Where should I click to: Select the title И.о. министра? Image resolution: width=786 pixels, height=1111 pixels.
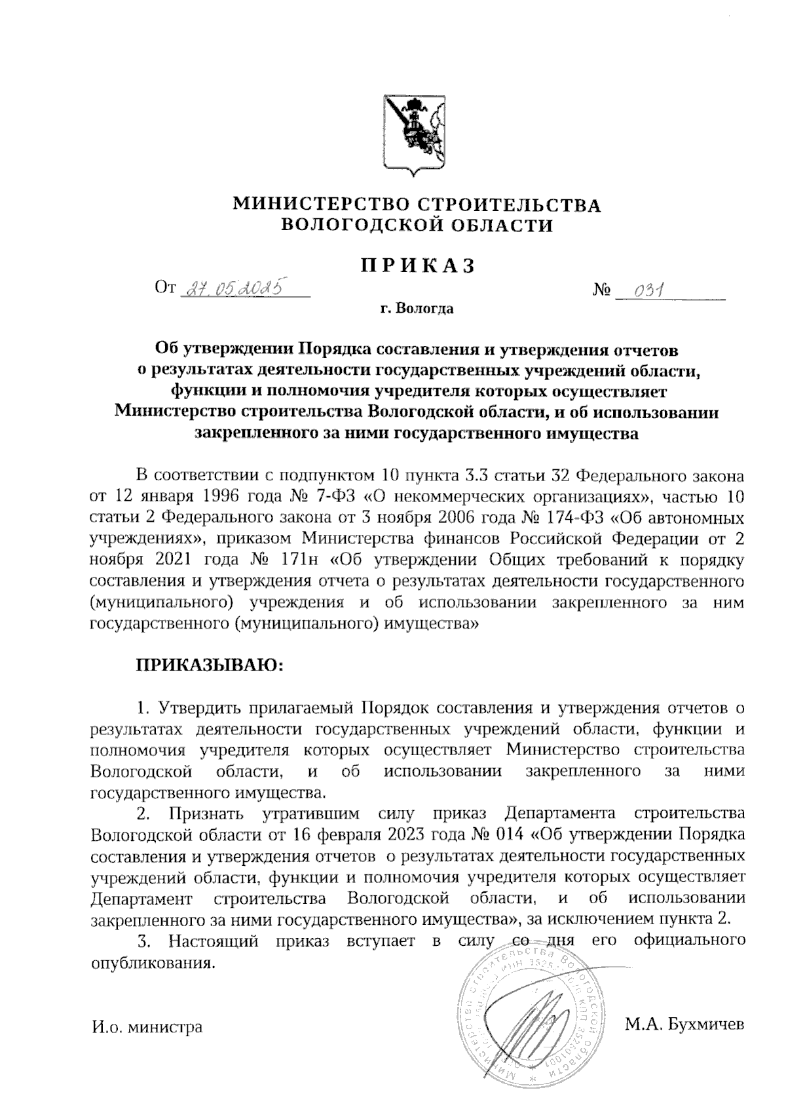pyautogui.click(x=145, y=1026)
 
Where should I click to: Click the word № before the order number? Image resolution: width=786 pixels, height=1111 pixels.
pyautogui.click(x=601, y=289)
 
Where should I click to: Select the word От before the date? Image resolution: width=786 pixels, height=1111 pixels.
pyautogui.click(x=164, y=287)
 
